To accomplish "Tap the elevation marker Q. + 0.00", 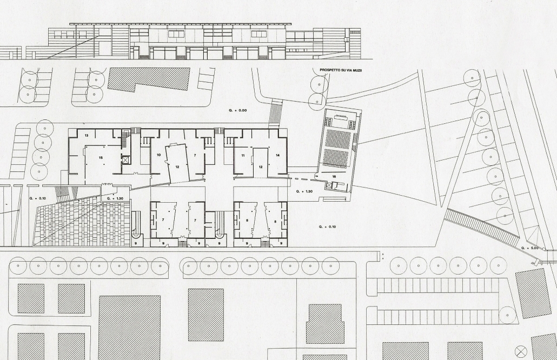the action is [x=238, y=110].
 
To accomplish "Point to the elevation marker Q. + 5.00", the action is [x=530, y=248].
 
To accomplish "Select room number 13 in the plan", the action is [x=87, y=136].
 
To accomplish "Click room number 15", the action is [x=101, y=158].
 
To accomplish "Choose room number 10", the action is [x=158, y=155].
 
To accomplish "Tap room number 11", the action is [x=243, y=156].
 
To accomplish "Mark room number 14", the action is [x=278, y=155].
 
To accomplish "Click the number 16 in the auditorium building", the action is [x=334, y=176].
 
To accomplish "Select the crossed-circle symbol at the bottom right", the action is [x=521, y=351].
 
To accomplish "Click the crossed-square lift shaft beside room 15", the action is [x=126, y=159].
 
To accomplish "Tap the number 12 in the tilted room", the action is [x=177, y=166].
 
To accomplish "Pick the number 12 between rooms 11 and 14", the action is [x=261, y=167].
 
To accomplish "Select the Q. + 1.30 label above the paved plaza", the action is [x=115, y=198].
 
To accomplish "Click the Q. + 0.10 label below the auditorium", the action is [x=327, y=226].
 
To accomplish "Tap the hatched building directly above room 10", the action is [x=149, y=79].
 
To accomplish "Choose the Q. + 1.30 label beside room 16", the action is [x=304, y=191].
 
